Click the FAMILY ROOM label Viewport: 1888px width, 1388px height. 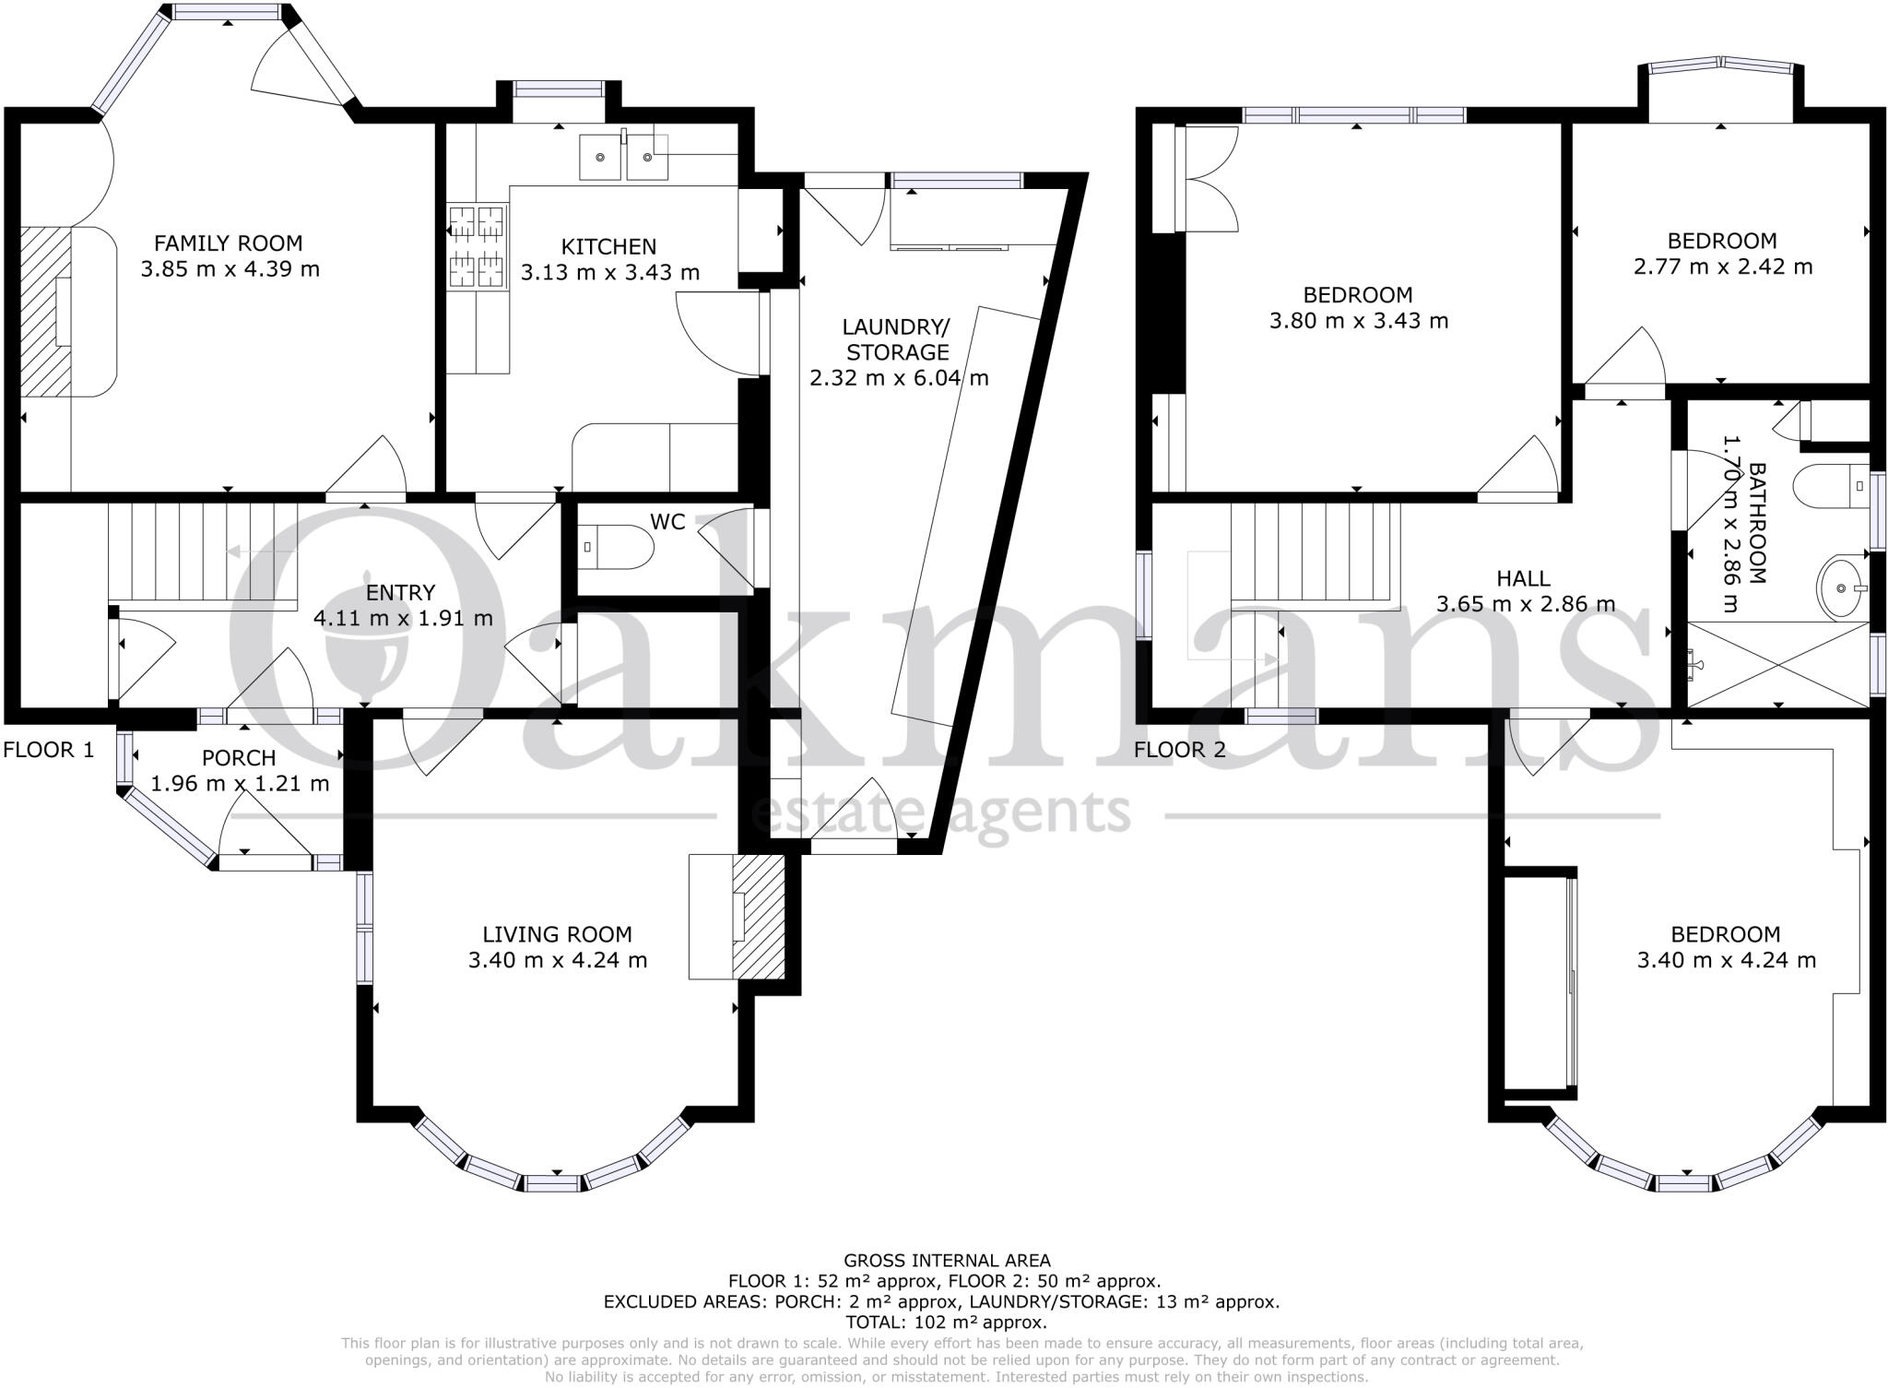point(228,243)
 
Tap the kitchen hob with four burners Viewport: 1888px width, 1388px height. point(478,247)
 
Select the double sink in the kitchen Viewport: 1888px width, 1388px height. point(623,157)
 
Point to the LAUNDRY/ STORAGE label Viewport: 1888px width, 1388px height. point(897,339)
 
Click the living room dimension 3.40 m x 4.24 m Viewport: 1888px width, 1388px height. point(557,960)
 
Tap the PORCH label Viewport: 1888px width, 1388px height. point(239,758)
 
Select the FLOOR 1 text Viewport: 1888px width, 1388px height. point(49,750)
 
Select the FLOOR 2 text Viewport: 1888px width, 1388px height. point(1180,750)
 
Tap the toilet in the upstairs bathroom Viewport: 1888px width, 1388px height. point(1829,485)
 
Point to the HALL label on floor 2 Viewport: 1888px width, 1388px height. point(1523,578)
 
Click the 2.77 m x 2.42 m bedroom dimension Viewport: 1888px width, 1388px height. point(1722,267)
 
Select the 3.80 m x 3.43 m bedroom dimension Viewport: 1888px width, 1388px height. point(1358,321)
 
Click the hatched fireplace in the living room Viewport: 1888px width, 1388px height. point(758,916)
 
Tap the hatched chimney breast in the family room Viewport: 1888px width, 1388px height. point(45,312)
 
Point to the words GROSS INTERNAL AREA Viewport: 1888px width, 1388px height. point(946,1260)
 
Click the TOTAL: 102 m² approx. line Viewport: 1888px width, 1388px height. point(946,1322)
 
